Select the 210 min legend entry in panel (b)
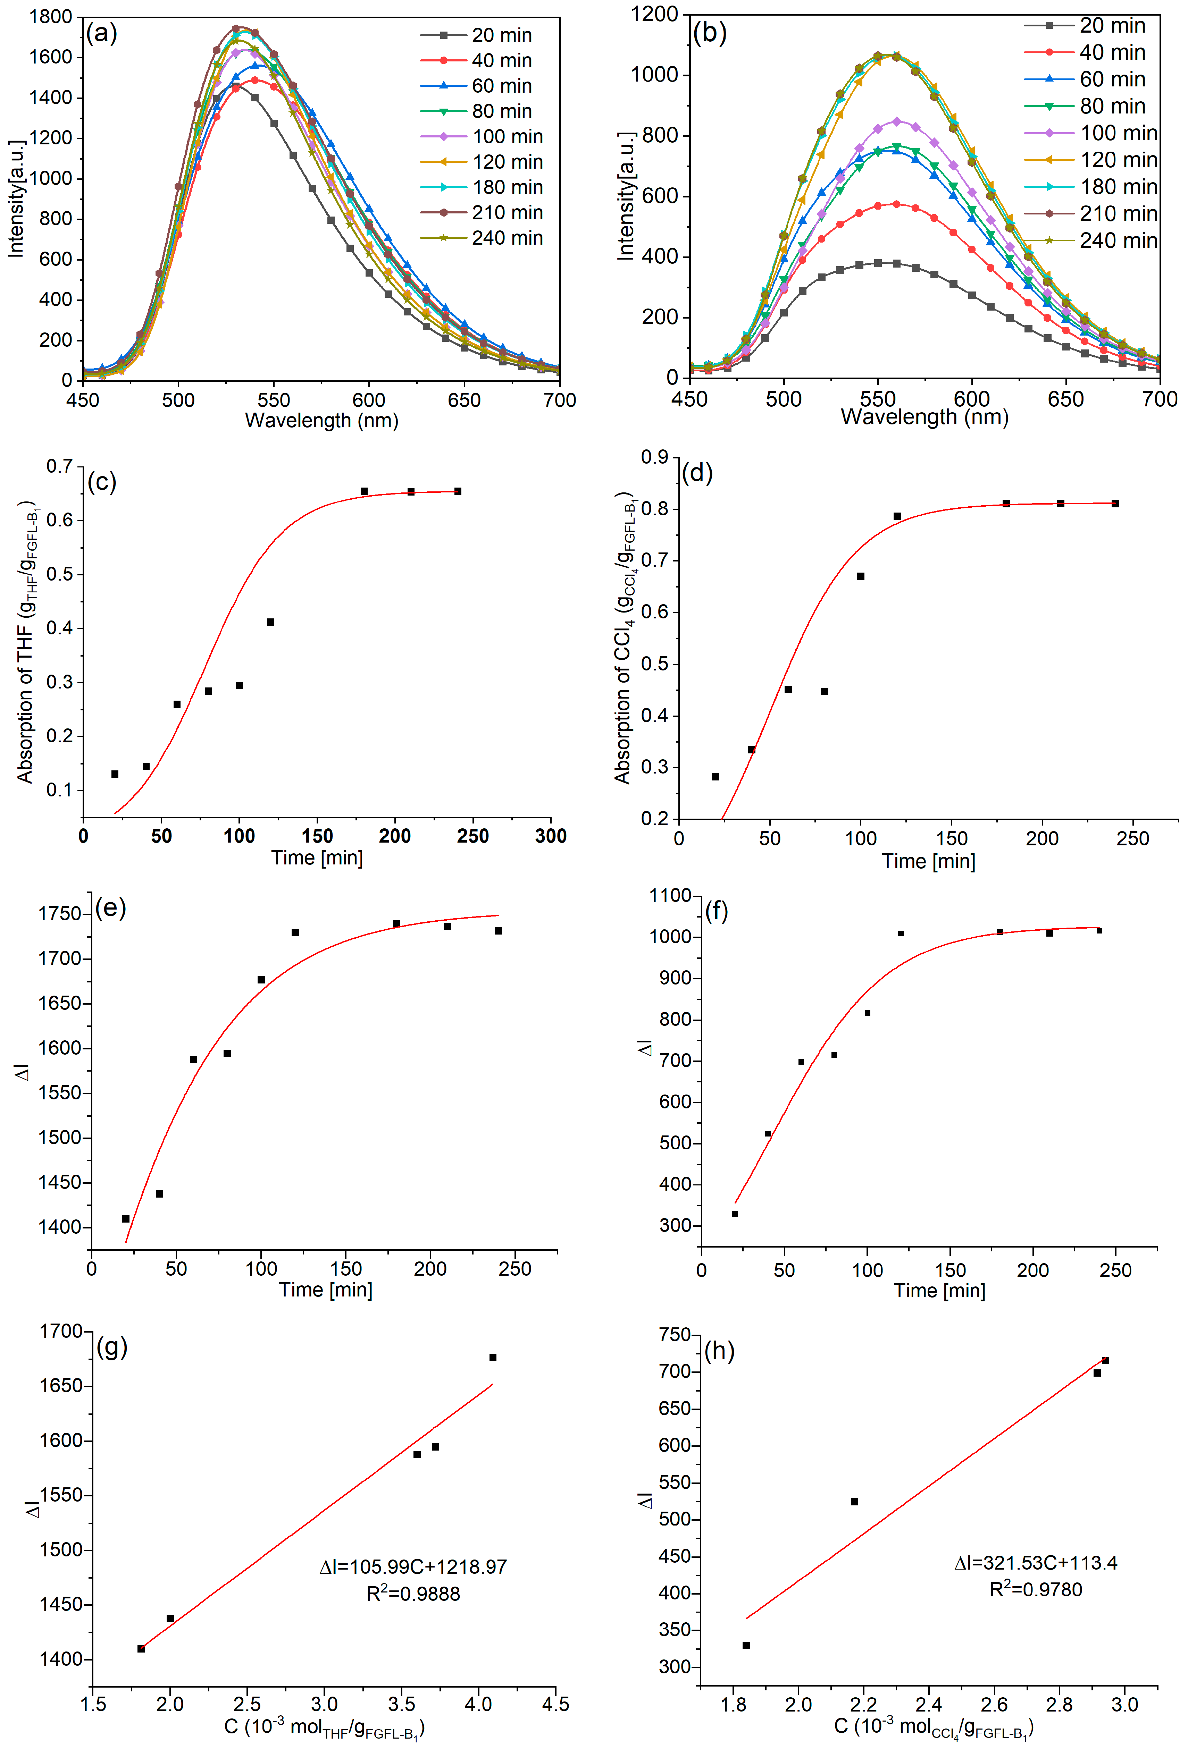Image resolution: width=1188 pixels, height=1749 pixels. [1118, 214]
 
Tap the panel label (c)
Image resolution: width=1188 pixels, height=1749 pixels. [102, 482]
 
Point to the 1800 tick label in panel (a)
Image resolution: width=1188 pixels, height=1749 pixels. [51, 17]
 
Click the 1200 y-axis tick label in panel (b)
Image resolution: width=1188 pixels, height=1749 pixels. [654, 14]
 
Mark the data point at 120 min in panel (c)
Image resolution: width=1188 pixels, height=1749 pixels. [270, 622]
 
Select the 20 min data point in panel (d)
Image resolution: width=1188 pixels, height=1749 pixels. [715, 777]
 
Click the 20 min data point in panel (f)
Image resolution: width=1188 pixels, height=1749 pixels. [735, 1214]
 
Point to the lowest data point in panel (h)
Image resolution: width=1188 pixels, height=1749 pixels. [746, 1645]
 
